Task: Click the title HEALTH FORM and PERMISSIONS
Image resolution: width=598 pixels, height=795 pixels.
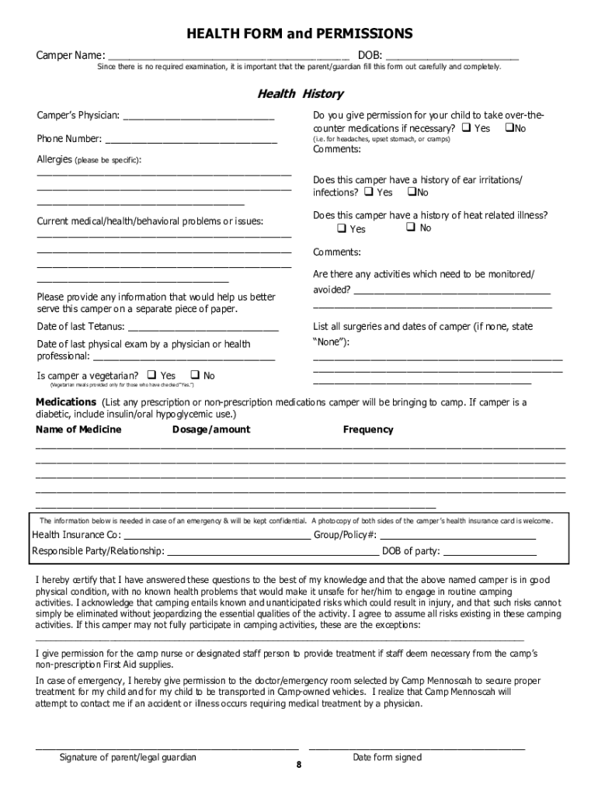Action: click(x=299, y=34)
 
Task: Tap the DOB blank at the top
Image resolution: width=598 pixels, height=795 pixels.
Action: click(x=451, y=57)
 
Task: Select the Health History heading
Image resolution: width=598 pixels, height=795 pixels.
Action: click(x=300, y=94)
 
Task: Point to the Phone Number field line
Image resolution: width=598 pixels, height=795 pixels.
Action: click(x=191, y=141)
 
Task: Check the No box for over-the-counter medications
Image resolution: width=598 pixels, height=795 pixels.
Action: click(x=509, y=127)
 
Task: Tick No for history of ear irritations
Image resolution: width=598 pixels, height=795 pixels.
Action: click(x=412, y=192)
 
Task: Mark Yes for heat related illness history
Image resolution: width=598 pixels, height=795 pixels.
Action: click(x=342, y=228)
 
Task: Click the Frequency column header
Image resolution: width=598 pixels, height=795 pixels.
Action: click(x=368, y=429)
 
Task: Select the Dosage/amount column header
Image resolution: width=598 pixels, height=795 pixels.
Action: click(x=211, y=429)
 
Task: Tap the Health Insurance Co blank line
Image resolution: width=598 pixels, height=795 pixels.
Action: click(x=217, y=536)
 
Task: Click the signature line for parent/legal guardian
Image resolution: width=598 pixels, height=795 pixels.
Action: click(x=167, y=746)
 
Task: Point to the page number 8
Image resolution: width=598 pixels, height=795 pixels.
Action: click(x=298, y=765)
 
